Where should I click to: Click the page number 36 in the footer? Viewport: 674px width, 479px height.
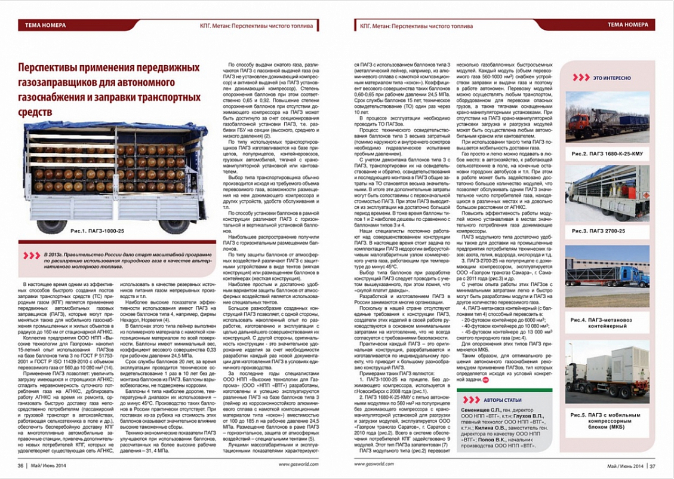[20, 466]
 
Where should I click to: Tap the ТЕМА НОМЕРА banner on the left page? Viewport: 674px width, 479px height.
[45, 25]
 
